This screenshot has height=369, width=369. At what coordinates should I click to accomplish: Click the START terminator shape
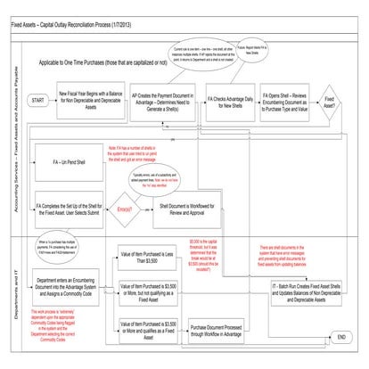tap(38, 102)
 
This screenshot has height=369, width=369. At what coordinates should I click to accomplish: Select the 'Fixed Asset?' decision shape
tap(331, 102)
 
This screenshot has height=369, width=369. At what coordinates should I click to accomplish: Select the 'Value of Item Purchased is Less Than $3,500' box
tap(151, 258)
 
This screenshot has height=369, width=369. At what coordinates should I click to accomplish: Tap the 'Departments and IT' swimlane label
tap(13, 294)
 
